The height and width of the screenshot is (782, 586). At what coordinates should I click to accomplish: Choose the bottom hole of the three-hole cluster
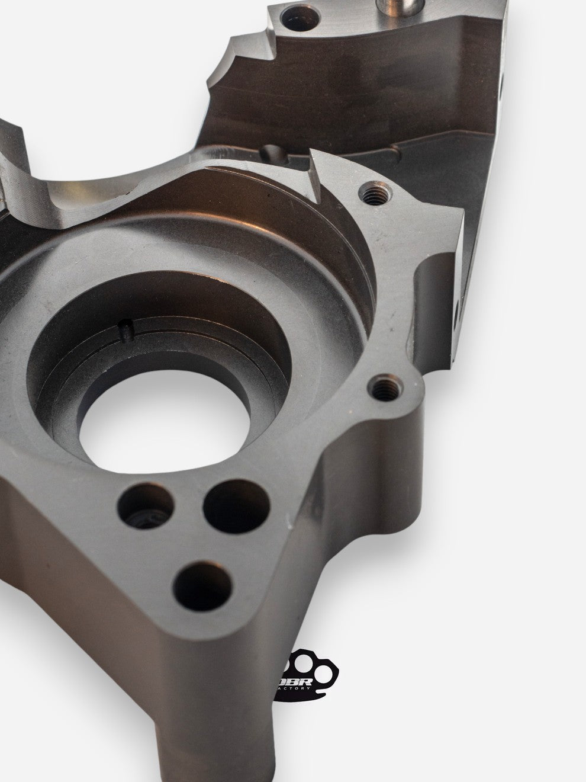click(x=201, y=583)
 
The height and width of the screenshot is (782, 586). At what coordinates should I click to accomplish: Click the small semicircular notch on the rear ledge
click(x=273, y=151)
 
